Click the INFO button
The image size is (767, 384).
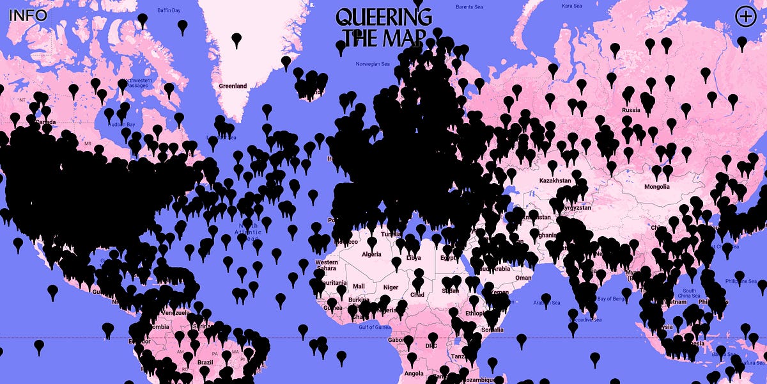click(27, 15)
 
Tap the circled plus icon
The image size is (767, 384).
click(745, 17)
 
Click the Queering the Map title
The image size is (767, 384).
click(383, 26)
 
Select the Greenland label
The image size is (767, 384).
click(233, 86)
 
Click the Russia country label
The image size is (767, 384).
click(631, 110)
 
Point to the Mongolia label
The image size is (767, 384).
click(656, 187)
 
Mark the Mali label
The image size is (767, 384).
click(359, 286)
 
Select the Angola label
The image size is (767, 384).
click(414, 374)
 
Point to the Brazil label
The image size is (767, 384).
click(205, 362)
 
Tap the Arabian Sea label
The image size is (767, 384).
click(546, 303)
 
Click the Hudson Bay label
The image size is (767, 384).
click(122, 124)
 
